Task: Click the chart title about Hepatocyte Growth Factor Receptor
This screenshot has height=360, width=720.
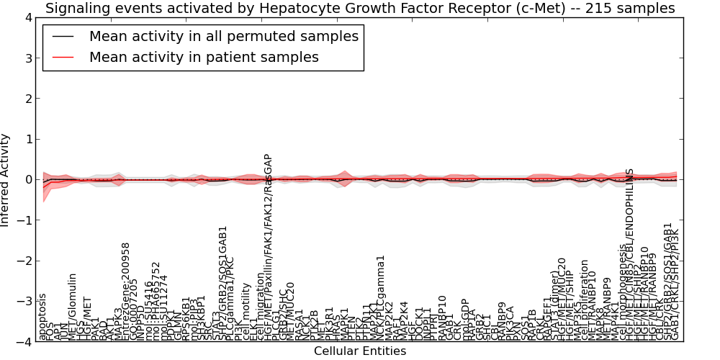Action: coord(360,9)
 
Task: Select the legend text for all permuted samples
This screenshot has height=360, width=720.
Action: coord(223,36)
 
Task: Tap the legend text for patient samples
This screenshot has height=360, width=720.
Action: coord(204,57)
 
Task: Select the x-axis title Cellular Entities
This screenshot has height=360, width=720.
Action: coord(360,351)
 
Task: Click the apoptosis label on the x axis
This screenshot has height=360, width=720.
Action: coord(42,317)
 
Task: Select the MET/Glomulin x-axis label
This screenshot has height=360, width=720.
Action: coord(73,307)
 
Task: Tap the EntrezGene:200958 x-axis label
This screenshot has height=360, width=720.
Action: coord(126,291)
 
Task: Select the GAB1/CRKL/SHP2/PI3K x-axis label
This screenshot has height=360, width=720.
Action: coord(675,285)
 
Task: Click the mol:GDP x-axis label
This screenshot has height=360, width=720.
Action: coord(465,320)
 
